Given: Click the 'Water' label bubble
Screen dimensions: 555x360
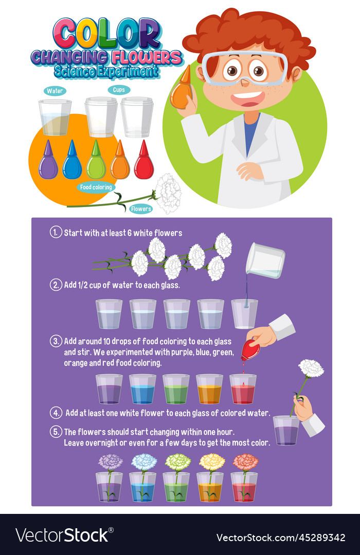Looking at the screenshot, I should point(55,91).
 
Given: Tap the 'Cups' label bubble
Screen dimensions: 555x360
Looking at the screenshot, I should point(119,90).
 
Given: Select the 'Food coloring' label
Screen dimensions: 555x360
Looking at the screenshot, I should point(96,187).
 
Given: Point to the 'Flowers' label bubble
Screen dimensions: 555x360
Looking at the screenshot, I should point(141,209).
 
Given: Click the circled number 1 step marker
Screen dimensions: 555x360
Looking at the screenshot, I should point(56,232).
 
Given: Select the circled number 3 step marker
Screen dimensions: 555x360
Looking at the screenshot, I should point(56,341).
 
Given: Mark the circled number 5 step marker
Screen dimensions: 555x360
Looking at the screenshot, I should point(56,432).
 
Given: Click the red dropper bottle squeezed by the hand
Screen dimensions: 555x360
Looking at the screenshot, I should point(250,349).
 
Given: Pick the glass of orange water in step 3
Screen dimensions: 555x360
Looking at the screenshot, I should point(209,389).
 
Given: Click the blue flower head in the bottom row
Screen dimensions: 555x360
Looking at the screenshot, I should point(144,462).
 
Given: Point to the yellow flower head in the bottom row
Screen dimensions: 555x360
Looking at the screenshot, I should point(212,462).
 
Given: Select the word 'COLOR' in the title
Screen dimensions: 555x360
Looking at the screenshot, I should point(107,33).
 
